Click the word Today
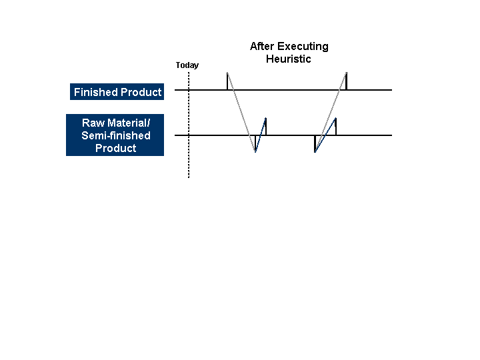pyautogui.click(x=187, y=65)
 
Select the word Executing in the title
pyautogui.click(x=303, y=47)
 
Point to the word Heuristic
pyautogui.click(x=289, y=59)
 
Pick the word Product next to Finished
pyautogui.click(x=141, y=93)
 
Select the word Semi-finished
pyautogui.click(x=116, y=136)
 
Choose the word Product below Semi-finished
pyautogui.click(x=116, y=148)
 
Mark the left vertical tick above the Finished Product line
pyautogui.click(x=227, y=81)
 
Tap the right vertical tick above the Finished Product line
pyautogui.click(x=346, y=81)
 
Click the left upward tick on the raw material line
pyautogui.click(x=265, y=126)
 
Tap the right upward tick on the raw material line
pyautogui.click(x=335, y=127)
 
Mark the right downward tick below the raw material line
pyautogui.click(x=315, y=143)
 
